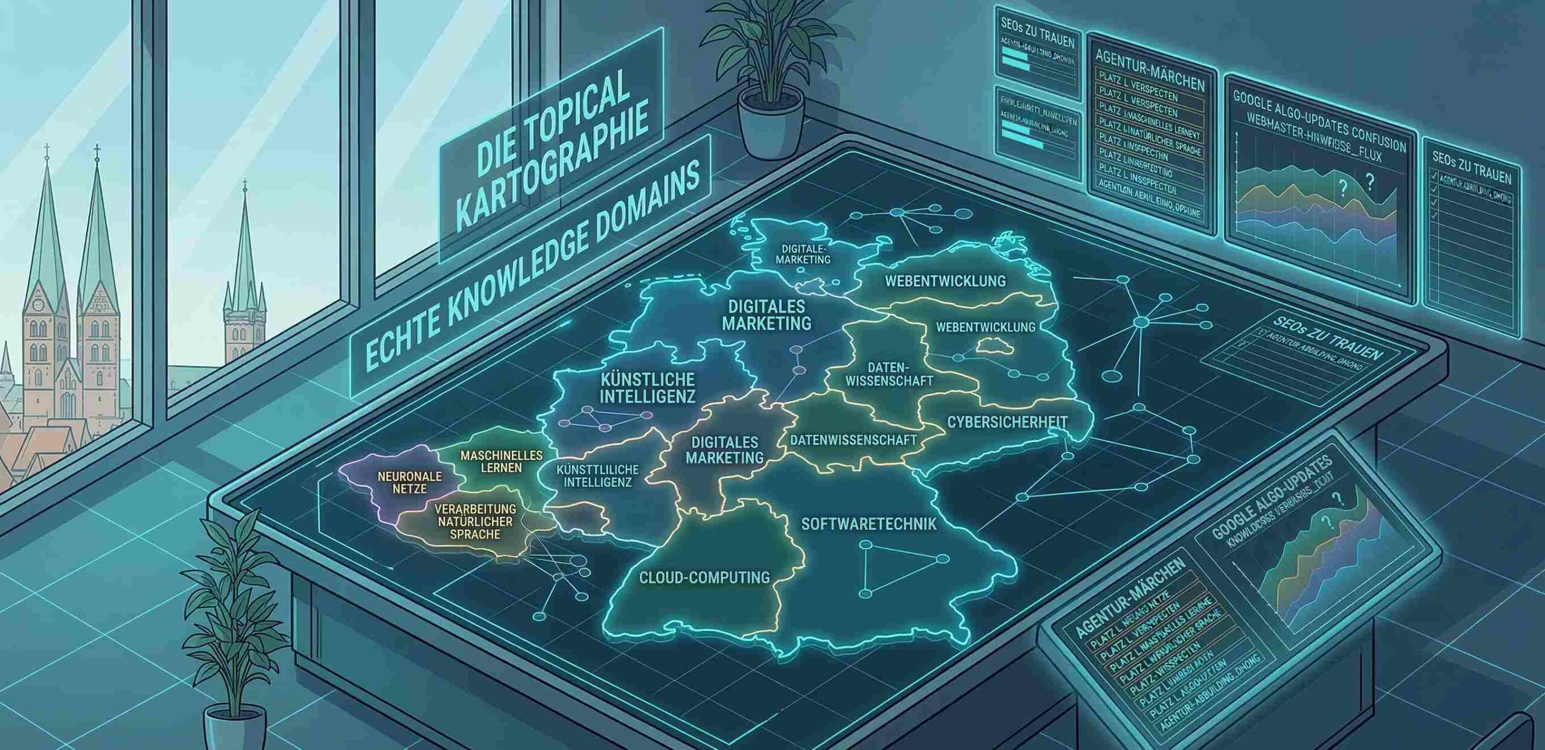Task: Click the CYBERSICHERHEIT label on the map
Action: coord(1007,422)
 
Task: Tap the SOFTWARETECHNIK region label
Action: coord(868,524)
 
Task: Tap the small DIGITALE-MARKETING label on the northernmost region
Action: coord(803,254)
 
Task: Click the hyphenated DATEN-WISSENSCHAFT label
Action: coord(889,374)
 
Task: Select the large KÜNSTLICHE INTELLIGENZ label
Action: coord(648,388)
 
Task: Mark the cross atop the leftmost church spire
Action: coord(46,150)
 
